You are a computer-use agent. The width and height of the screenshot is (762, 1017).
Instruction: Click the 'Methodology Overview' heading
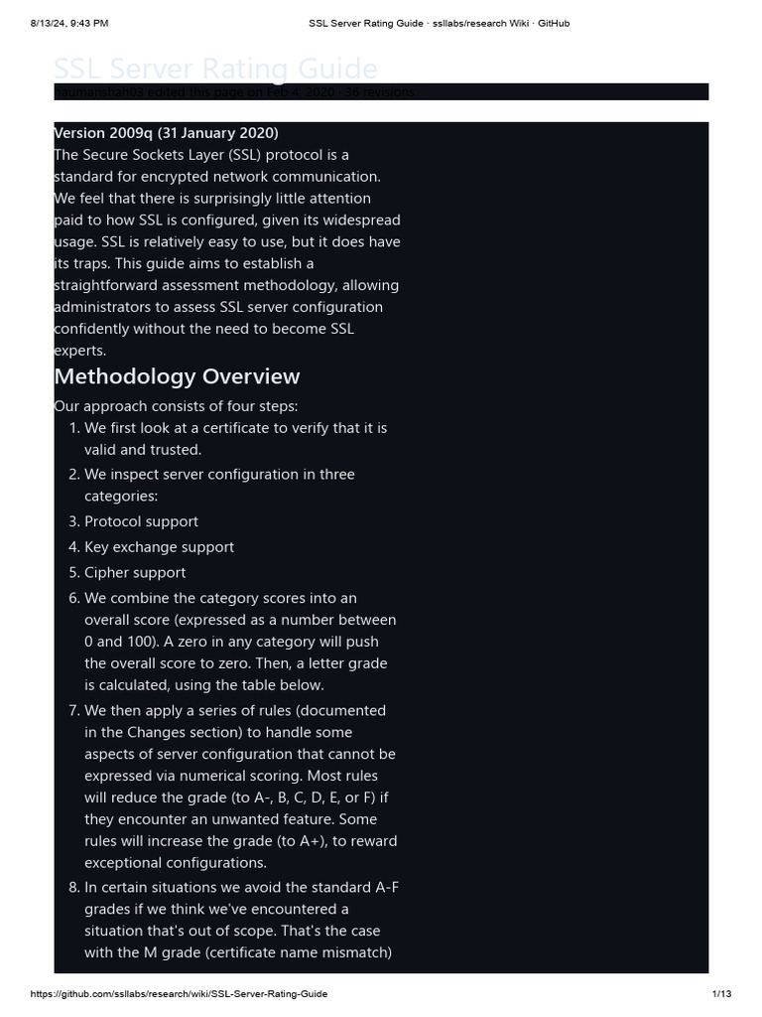[177, 376]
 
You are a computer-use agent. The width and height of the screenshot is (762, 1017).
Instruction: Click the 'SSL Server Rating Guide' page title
[215, 69]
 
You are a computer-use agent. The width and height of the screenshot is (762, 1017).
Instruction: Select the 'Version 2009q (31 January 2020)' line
[166, 132]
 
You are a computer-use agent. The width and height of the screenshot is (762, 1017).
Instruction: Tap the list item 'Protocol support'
[141, 521]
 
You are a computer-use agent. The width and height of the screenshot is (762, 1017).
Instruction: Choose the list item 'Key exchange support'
[159, 547]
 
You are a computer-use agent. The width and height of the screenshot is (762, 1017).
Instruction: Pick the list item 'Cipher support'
[135, 573]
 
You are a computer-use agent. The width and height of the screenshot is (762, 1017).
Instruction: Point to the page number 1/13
[721, 994]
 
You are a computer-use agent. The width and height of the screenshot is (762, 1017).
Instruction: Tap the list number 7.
[73, 711]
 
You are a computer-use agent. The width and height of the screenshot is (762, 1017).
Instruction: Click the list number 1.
[73, 428]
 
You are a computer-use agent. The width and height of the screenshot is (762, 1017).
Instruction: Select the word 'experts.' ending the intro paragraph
[80, 351]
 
